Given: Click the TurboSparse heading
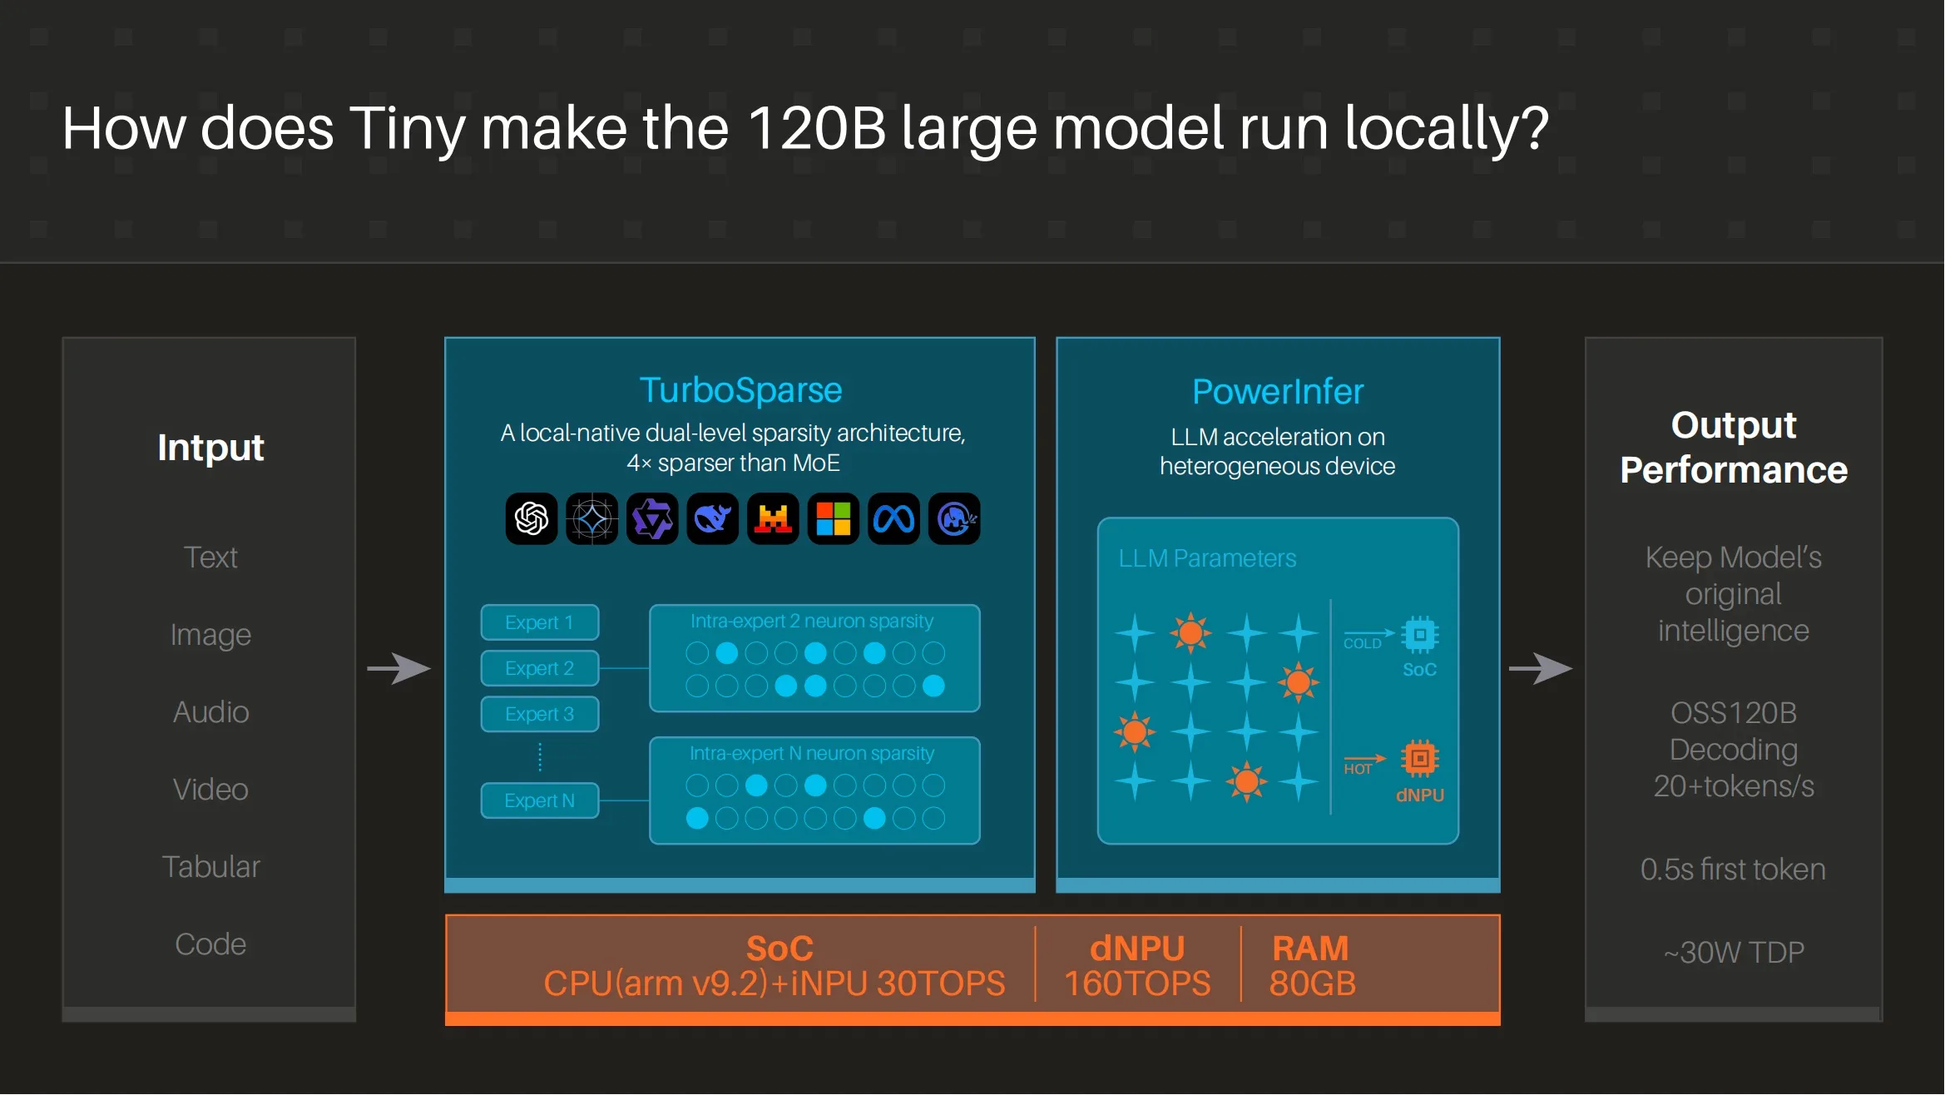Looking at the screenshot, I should [x=740, y=389].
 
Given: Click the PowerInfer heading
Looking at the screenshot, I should [x=1278, y=391].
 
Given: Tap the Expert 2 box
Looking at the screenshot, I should [x=539, y=668].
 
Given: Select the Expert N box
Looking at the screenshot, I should [x=539, y=800].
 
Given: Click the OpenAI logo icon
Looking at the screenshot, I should [x=532, y=519].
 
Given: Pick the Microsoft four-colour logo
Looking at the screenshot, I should [x=834, y=519].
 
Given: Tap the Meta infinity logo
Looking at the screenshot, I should [x=893, y=519].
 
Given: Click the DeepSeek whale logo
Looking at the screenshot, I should [x=712, y=519].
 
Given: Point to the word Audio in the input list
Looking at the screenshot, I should [x=210, y=712].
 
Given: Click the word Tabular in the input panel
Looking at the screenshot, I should [x=210, y=867].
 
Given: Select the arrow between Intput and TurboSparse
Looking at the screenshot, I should [x=399, y=668].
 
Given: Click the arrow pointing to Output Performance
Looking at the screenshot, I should [x=1541, y=668].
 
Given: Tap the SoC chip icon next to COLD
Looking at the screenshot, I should [x=1420, y=635].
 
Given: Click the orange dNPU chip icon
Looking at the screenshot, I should [x=1420, y=758].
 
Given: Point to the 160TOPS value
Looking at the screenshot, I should [x=1137, y=984].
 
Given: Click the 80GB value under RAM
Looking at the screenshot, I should [x=1312, y=984].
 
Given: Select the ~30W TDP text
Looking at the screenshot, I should [x=1734, y=952].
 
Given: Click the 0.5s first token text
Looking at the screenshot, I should [x=1733, y=870].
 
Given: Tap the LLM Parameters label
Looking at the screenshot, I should [x=1207, y=558].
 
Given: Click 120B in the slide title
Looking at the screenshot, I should [x=816, y=129].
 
